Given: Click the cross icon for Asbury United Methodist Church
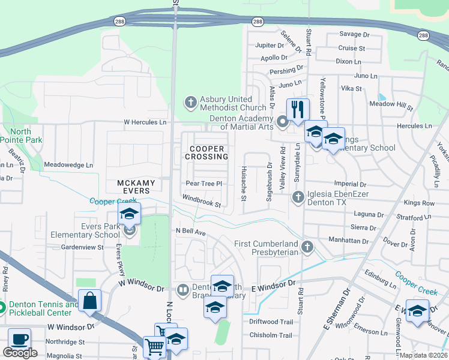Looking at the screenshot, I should [x=191, y=102].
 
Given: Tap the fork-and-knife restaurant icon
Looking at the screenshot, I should [x=298, y=109].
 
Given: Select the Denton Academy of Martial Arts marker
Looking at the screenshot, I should [x=283, y=122].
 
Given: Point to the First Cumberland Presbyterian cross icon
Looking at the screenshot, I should [x=307, y=247].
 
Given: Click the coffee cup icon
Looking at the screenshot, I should [x=19, y=339].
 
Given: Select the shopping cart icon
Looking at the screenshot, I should [x=155, y=347].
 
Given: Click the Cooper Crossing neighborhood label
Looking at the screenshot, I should [x=207, y=152].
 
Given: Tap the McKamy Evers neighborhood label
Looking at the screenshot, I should [x=136, y=187].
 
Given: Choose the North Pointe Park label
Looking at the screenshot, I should [x=20, y=136].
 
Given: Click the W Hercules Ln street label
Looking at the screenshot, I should [x=145, y=122].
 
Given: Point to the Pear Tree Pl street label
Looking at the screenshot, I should [x=204, y=184].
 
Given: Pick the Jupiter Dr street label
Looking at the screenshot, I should [x=269, y=45].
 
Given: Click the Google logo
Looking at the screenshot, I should [x=20, y=353].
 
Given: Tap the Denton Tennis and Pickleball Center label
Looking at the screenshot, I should [x=43, y=308].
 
